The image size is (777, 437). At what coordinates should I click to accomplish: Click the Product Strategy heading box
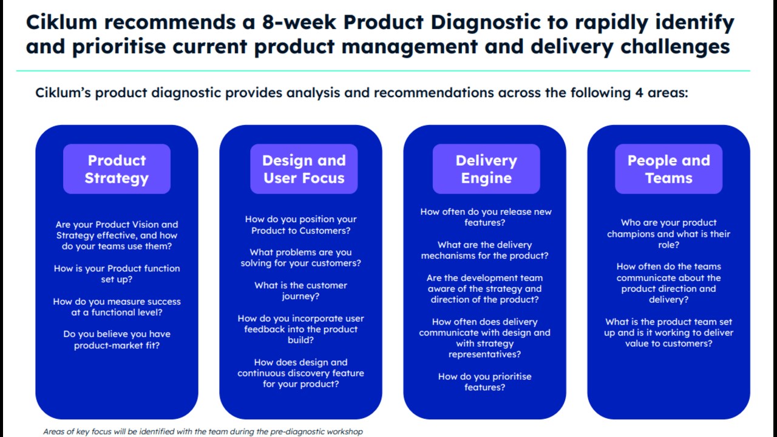[117, 169]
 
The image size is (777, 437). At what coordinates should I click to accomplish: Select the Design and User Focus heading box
[304, 169]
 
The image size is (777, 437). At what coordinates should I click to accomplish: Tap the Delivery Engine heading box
[486, 169]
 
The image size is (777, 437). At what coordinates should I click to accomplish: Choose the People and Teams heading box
[669, 169]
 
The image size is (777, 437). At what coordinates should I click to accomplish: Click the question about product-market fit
[117, 339]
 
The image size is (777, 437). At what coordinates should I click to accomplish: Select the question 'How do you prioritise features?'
[484, 382]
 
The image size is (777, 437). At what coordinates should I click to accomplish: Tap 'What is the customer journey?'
[300, 291]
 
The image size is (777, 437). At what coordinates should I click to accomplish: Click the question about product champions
[668, 234]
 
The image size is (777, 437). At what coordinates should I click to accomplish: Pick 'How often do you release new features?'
[486, 217]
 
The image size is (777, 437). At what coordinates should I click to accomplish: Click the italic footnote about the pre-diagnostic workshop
[203, 432]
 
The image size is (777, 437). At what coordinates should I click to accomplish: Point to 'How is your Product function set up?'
[117, 274]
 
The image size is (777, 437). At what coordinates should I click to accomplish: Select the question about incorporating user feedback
[300, 329]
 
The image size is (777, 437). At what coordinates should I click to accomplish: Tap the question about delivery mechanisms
[484, 250]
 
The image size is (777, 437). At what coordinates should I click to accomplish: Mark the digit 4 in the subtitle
[639, 93]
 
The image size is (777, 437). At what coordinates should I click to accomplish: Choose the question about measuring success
[117, 307]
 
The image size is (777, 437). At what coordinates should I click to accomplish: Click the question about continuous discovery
[300, 373]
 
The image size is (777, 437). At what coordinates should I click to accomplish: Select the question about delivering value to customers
[668, 333]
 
